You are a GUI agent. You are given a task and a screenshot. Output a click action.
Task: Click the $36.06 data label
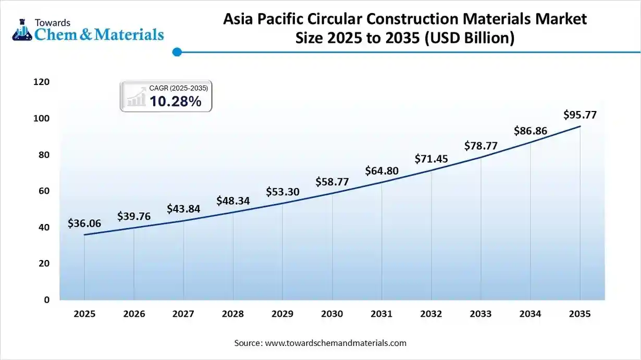[84, 224]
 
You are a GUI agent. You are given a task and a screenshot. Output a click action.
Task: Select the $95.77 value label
[580, 115]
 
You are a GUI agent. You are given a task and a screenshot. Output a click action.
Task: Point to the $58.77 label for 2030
[332, 182]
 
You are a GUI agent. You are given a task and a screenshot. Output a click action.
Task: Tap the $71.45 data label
[432, 158]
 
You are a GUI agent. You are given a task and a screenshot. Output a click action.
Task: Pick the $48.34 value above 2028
[233, 201]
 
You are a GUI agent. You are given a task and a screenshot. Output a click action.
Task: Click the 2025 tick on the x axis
[84, 314]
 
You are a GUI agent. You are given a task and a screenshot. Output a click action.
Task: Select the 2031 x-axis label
[381, 314]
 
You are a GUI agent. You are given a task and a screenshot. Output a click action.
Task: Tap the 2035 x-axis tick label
[580, 314]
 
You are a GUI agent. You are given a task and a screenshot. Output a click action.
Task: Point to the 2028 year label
[233, 314]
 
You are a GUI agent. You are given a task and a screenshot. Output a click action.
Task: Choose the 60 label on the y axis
[44, 191]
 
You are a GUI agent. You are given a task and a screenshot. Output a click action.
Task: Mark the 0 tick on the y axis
[47, 300]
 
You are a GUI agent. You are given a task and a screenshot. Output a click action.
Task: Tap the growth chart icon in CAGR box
[137, 97]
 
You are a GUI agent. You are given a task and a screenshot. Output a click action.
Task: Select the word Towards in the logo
[52, 22]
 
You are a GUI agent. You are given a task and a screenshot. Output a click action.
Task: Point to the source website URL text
[336, 343]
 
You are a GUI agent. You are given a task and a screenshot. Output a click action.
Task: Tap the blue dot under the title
[177, 52]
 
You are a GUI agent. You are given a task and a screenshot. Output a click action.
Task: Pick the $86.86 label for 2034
[531, 131]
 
